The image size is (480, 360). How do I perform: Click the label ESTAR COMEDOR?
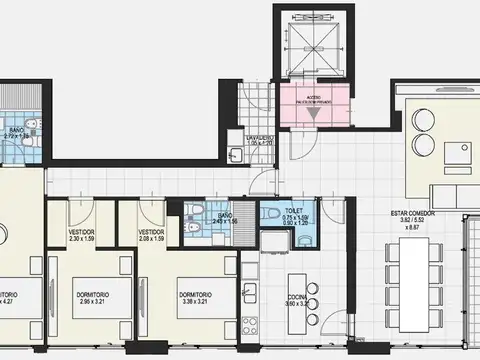click(413, 214)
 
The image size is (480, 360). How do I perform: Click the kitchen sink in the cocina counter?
click(250, 292)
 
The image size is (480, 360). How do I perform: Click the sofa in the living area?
click(447, 192)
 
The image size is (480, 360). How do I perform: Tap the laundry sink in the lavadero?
click(235, 154)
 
